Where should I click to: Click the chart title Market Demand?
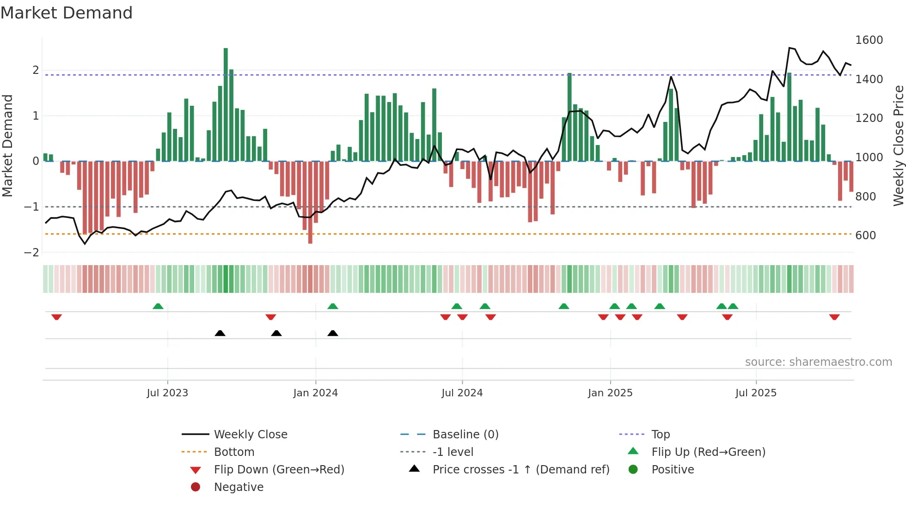pyautogui.click(x=67, y=13)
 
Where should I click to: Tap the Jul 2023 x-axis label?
pyautogui.click(x=167, y=393)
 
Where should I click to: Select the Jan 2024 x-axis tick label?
pyautogui.click(x=315, y=393)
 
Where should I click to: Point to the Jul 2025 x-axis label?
pyautogui.click(x=756, y=393)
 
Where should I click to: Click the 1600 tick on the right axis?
pyautogui.click(x=869, y=40)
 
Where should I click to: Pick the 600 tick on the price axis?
pyautogui.click(x=865, y=236)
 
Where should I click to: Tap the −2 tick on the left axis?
pyautogui.click(x=32, y=253)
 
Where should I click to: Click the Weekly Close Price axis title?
pyautogui.click(x=898, y=145)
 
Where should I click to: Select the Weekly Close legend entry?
pyautogui.click(x=250, y=435)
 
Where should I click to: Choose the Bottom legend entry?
pyautogui.click(x=234, y=452)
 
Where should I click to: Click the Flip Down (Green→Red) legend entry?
pyautogui.click(x=279, y=470)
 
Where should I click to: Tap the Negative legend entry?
pyautogui.click(x=239, y=487)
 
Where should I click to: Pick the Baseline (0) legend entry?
pyautogui.click(x=465, y=435)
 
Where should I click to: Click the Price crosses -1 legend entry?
pyautogui.click(x=520, y=470)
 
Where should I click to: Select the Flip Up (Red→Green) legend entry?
pyautogui.click(x=708, y=452)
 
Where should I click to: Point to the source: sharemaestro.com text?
pyautogui.click(x=818, y=362)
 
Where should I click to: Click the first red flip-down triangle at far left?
pyautogui.click(x=56, y=317)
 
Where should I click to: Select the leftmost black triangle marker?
pyautogui.click(x=220, y=333)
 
